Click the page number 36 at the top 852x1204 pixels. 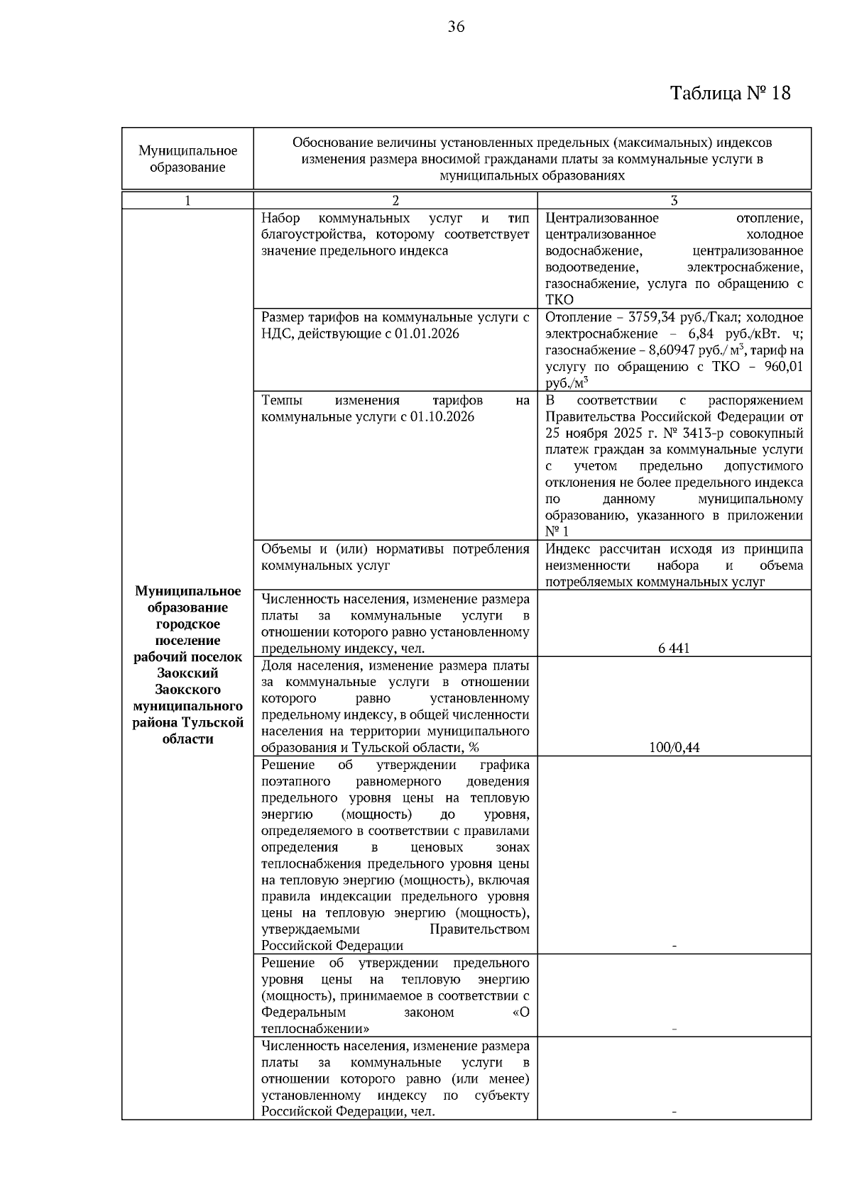tap(456, 27)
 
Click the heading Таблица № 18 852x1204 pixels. tap(730, 93)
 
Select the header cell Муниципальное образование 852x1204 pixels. tap(187, 159)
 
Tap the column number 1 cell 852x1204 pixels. tap(187, 201)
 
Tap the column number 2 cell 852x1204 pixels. tap(395, 201)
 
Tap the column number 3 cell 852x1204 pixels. tap(674, 201)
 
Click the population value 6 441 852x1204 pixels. tap(674, 648)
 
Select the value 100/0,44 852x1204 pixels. tap(674, 747)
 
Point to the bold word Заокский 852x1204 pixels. tap(187, 673)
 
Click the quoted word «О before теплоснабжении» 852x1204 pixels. tap(520, 1012)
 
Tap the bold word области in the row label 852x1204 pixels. tap(187, 739)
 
